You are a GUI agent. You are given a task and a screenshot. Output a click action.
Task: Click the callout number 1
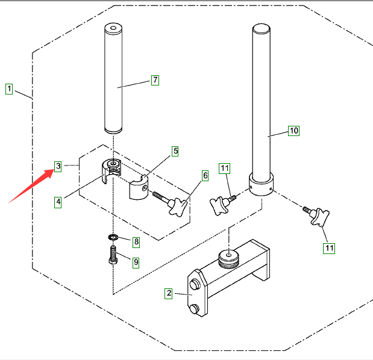pos(9,90)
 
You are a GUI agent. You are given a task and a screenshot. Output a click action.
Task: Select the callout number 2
pos(169,293)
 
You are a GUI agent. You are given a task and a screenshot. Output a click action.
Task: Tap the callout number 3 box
pos(57,166)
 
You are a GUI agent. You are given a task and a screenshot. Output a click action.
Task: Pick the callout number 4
pos(58,202)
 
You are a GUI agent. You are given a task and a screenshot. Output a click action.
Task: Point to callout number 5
pos(175,151)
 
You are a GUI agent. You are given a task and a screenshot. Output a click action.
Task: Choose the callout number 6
pos(205,175)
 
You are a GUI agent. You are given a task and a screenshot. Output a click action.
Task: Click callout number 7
pos(155,79)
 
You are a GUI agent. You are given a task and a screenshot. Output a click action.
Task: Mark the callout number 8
pos(136,242)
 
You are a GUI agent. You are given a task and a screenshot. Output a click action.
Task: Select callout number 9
pos(136,262)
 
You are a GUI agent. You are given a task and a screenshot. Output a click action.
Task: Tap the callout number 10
pos(293,130)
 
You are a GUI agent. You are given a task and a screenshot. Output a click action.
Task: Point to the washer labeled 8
pos(113,237)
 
